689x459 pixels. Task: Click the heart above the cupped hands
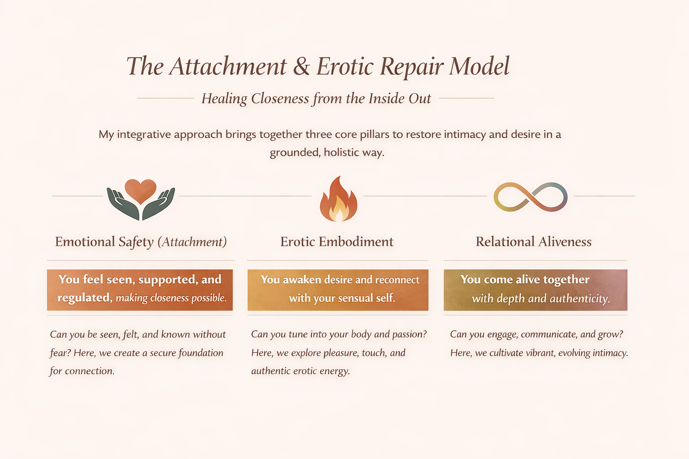coord(140,190)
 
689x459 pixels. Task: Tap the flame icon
coord(338,200)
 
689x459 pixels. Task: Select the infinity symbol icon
coord(530,197)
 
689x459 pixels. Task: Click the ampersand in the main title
coord(301,66)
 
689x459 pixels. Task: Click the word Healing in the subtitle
coord(224,99)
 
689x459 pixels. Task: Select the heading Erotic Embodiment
coord(337,242)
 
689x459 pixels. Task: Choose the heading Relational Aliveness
coord(533,242)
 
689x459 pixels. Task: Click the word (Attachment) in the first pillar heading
coord(192,242)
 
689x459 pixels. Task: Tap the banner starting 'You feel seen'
coord(140,290)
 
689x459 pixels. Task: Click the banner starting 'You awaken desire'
coord(338,290)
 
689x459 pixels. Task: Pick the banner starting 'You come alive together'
coord(535,290)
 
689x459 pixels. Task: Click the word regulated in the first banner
coord(84,298)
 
